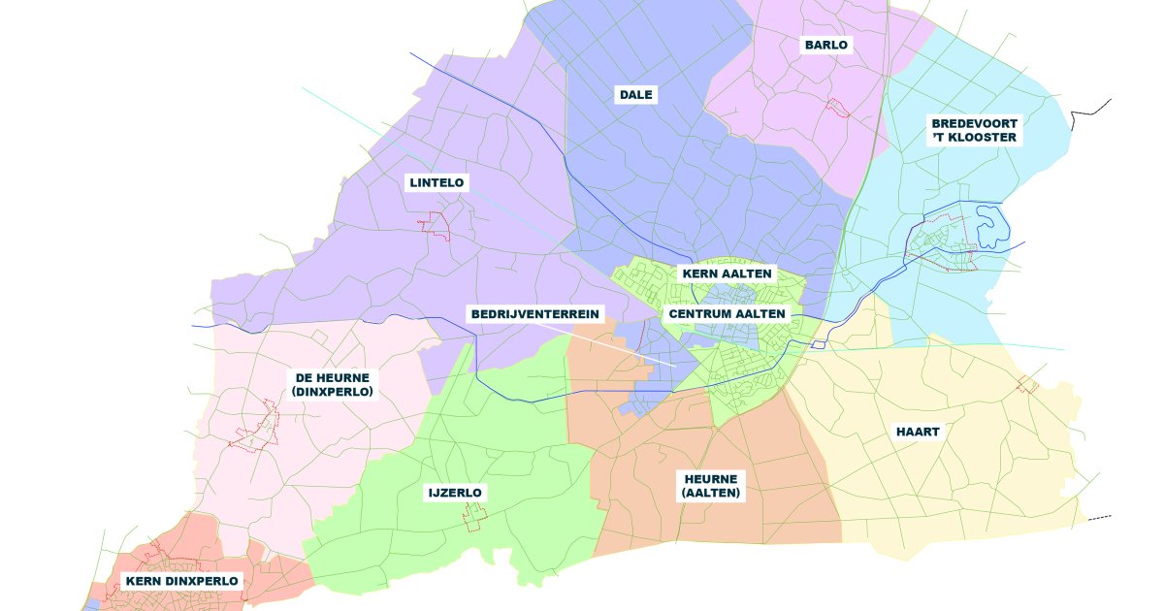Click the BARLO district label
(825, 45)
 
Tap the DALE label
(636, 94)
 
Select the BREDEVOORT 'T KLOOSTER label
(974, 130)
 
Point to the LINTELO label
(436, 182)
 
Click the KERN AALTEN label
(727, 273)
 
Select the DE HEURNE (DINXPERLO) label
(333, 384)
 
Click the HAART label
(918, 432)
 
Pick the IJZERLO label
(455, 493)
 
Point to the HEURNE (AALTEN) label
(711, 486)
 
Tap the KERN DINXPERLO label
(181, 581)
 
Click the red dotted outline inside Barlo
(837, 108)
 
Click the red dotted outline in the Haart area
(1027, 384)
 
